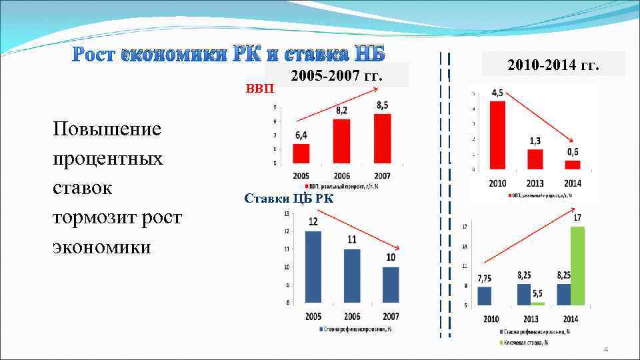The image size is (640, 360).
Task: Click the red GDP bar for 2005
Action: coord(301,153)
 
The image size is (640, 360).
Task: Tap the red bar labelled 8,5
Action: coord(383,139)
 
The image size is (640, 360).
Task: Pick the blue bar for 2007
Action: coord(391,285)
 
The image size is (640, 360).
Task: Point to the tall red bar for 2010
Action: coord(497,135)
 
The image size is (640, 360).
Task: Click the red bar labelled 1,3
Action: coord(535,159)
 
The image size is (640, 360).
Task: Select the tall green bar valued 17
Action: coord(577,266)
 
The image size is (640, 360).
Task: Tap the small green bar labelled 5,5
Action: coord(537,303)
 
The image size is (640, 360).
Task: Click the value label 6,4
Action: coord(301,135)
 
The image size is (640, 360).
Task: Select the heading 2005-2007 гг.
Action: coord(337,75)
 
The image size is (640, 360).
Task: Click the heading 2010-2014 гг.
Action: coord(553,65)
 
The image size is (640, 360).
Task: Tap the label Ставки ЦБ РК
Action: coord(289,198)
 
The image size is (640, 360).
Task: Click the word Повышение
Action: coord(106,128)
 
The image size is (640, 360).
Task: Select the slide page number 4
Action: coord(605,349)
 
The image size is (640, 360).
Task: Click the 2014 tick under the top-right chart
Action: coord(573,183)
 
